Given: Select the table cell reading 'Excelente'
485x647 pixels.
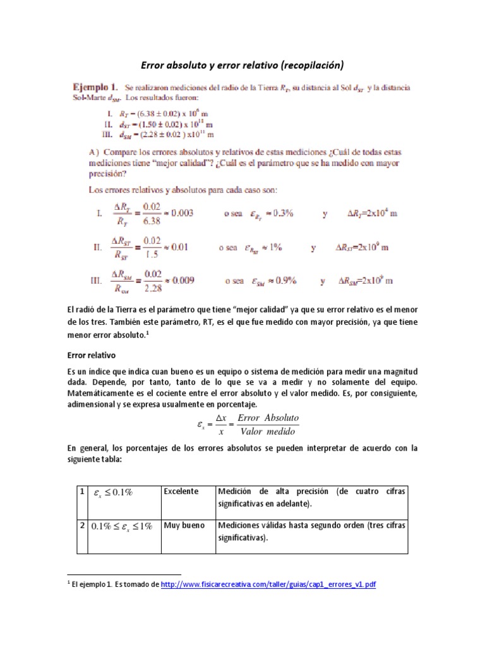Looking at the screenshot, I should click(182, 492).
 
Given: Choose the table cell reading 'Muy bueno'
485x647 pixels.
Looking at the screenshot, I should click(184, 525).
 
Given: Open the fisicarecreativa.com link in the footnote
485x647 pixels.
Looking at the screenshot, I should click(268, 584).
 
